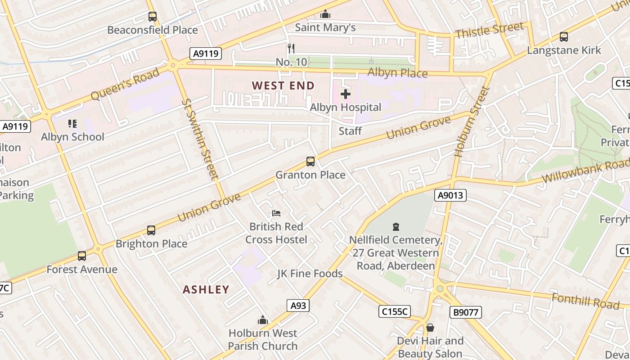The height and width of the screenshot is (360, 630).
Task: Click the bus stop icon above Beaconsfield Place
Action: click(153, 17)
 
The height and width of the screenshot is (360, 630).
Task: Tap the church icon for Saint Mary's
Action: click(325, 14)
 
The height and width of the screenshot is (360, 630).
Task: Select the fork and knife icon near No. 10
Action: click(291, 48)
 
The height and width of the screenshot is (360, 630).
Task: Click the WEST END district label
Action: click(283, 85)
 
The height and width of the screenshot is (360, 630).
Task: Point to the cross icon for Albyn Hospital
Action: click(346, 94)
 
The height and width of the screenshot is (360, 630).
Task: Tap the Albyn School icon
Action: click(72, 123)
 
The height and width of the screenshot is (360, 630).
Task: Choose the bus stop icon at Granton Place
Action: click(310, 162)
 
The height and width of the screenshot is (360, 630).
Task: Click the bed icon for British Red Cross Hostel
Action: click(276, 213)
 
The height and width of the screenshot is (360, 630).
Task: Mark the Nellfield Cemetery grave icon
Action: click(396, 227)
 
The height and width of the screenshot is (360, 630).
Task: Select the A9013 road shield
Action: click(450, 195)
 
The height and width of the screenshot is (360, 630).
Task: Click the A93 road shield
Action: click(298, 306)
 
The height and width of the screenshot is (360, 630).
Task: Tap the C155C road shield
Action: click(394, 311)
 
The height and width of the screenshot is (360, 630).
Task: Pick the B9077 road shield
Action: click(465, 312)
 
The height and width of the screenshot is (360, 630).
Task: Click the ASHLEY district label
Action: click(206, 289)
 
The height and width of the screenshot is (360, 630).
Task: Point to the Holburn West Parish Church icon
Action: click(263, 320)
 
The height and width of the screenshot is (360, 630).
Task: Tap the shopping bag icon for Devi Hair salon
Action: click(430, 328)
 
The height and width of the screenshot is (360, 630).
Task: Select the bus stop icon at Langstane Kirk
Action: click(563, 37)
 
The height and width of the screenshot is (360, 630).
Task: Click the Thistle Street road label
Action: click(489, 31)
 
